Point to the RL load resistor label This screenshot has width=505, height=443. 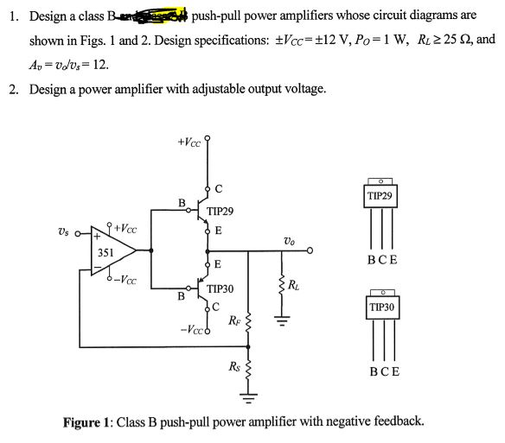(295, 286)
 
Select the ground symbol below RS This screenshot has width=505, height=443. (249, 399)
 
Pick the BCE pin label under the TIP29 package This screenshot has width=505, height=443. (381, 259)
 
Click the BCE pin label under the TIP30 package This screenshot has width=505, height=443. (381, 372)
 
